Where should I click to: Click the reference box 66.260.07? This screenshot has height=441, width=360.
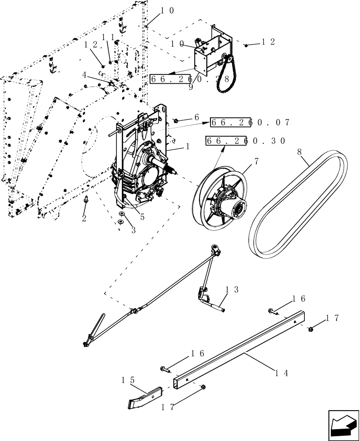point(250,123)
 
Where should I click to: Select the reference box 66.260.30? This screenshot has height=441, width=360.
point(245,141)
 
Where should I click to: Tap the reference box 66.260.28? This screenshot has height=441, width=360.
point(189,79)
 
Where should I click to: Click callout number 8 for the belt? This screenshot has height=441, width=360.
point(300,151)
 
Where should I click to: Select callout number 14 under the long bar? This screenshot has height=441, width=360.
point(281,373)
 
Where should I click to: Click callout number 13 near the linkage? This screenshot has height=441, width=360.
point(232,290)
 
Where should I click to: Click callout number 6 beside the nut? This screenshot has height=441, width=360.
point(197,118)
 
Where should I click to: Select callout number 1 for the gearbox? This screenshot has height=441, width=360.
point(187,146)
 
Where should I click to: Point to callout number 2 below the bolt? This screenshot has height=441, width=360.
point(84,218)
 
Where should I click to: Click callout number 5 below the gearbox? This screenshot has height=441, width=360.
point(142,217)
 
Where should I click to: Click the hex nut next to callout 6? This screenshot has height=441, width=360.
point(176,120)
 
